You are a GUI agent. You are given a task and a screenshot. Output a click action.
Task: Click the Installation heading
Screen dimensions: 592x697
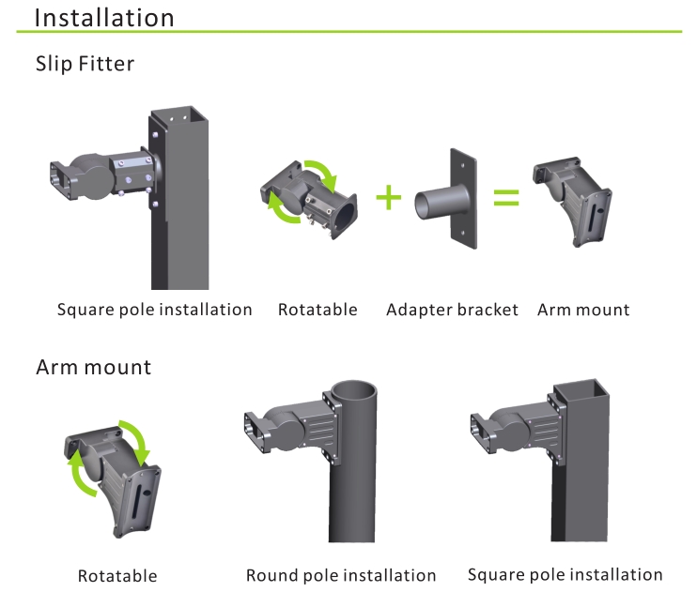pyautogui.click(x=104, y=18)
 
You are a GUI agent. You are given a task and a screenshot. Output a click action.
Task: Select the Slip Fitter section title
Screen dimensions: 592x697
pyautogui.click(x=85, y=64)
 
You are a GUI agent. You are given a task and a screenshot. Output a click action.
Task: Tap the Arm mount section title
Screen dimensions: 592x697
pyautogui.click(x=93, y=366)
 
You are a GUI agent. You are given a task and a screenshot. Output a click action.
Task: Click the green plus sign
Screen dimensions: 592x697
pyautogui.click(x=388, y=197)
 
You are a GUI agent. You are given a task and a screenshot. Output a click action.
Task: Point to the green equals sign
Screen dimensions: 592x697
pyautogui.click(x=506, y=198)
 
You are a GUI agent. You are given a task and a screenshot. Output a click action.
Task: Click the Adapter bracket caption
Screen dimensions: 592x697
pyautogui.click(x=452, y=310)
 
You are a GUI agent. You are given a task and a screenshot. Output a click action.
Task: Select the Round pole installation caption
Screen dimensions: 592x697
pyautogui.click(x=341, y=575)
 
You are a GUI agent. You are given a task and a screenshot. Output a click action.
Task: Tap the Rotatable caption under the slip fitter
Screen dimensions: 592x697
pyautogui.click(x=318, y=310)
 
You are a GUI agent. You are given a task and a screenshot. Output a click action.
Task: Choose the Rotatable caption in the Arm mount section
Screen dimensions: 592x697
pyautogui.click(x=117, y=576)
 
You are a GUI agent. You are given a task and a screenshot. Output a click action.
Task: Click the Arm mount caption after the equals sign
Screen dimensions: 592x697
pyautogui.click(x=583, y=310)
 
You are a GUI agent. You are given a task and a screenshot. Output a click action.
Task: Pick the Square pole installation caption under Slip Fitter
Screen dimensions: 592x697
pyautogui.click(x=155, y=310)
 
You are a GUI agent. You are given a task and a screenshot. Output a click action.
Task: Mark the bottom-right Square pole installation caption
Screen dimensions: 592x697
pyautogui.click(x=565, y=574)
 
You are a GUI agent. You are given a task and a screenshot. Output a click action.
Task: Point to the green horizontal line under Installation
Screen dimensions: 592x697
pyautogui.click(x=348, y=33)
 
